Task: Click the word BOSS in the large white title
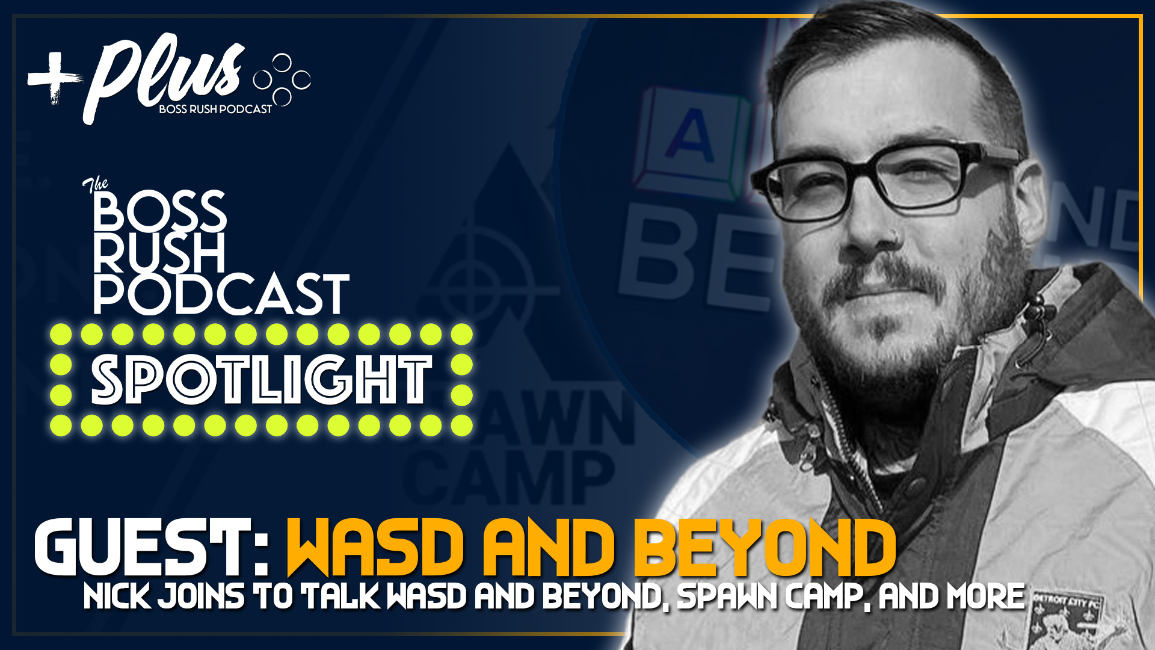160,212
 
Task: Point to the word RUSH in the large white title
159,253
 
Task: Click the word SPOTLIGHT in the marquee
261,380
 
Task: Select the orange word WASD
375,548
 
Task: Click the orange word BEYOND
764,548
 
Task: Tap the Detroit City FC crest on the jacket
1068,620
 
